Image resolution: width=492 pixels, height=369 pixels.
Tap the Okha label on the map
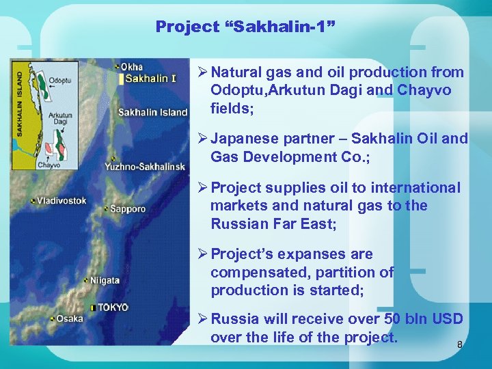click(x=131, y=66)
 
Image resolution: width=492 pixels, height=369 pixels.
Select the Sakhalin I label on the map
click(x=151, y=79)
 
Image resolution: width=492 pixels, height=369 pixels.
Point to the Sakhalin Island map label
click(x=152, y=112)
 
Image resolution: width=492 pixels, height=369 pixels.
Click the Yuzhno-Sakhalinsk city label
click(x=145, y=167)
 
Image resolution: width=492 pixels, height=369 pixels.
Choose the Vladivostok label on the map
click(x=62, y=201)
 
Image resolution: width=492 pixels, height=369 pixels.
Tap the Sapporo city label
click(x=128, y=208)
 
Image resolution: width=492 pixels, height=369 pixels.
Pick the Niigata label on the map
click(x=105, y=280)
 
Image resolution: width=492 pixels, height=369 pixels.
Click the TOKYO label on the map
click(x=112, y=307)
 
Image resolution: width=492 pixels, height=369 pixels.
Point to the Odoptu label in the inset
click(x=61, y=80)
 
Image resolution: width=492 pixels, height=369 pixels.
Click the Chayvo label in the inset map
click(x=49, y=165)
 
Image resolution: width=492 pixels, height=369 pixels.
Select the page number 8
click(x=459, y=345)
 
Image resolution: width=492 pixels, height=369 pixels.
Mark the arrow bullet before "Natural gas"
click(x=203, y=72)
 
